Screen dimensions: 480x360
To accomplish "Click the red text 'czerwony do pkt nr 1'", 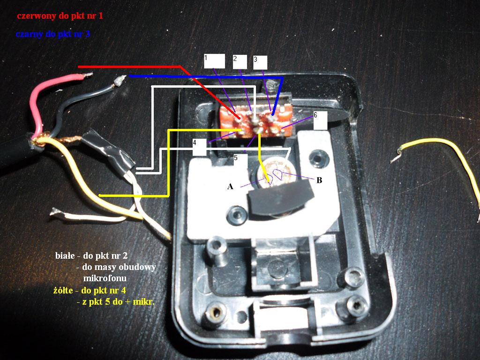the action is coord(60,15).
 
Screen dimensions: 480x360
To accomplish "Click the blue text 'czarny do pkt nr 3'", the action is coord(53,34).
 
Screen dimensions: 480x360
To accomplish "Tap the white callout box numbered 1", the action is coord(214,61).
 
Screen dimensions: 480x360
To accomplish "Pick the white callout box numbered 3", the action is coord(260,62).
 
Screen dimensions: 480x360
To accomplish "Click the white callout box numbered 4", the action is coord(199,147).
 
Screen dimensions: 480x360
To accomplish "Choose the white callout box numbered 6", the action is coord(320,120).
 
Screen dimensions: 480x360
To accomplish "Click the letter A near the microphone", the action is coord(230,186).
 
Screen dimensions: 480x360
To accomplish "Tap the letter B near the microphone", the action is coord(319,180).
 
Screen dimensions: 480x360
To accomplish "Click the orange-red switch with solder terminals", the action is coord(255,121).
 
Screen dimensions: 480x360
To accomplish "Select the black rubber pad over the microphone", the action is coord(280,198).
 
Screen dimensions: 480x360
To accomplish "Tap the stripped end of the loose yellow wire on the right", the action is coord(397,155).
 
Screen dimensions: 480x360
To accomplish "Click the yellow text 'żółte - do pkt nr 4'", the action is coord(90,290).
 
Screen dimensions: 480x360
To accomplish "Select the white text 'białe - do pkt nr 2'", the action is coord(91,255).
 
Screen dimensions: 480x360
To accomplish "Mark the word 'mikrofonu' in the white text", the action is coord(105,278).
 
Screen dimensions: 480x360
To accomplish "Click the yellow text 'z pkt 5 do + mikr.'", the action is coord(115,302).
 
